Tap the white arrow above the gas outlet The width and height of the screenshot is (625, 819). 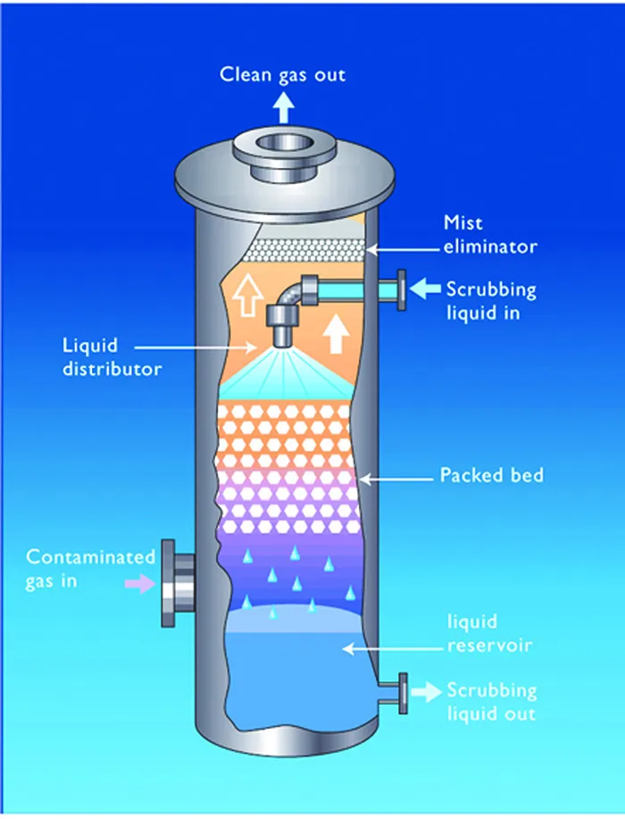coord(282,107)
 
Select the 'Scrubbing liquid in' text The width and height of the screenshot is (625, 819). coord(491,301)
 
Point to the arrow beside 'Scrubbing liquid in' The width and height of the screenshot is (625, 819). coord(427,288)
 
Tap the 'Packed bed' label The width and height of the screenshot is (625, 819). coord(491,475)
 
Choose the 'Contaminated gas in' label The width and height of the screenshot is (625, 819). coord(90,569)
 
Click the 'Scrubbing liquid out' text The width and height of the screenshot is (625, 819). coord(492,702)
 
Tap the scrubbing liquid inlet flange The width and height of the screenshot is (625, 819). coord(401,289)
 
